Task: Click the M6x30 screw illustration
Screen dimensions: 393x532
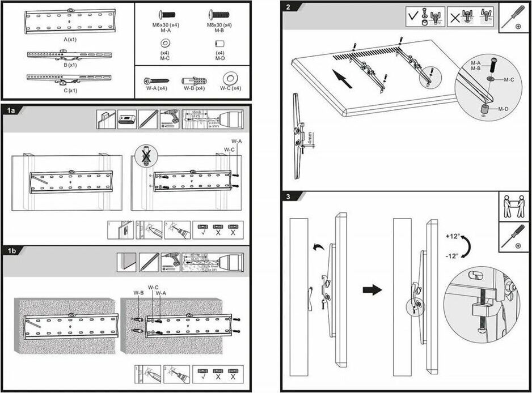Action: click(166, 14)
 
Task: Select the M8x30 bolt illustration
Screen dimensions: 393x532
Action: click(219, 14)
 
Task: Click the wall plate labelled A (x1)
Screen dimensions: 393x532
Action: click(69, 22)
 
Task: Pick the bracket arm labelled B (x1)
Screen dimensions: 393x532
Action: click(69, 55)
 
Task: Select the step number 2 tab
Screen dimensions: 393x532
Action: click(290, 7)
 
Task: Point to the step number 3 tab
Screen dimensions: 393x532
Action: click(289, 197)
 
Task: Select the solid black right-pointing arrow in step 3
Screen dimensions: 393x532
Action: click(371, 290)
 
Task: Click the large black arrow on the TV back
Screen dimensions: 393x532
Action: click(342, 78)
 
